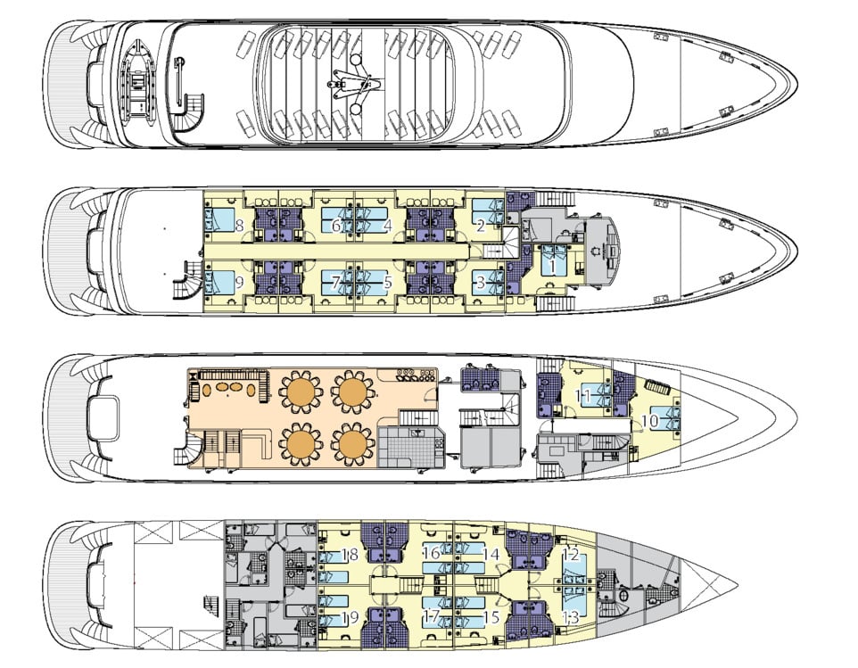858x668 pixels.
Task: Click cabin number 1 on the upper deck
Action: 553,265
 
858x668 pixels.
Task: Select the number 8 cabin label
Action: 240,226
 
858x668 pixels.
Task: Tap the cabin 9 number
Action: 240,284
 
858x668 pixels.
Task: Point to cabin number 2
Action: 481,226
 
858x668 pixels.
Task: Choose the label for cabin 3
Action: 481,284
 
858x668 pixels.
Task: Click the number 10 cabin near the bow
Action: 650,419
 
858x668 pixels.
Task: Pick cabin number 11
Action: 584,395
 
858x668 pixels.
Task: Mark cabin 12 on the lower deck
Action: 571,554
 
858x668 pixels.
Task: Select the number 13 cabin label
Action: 571,614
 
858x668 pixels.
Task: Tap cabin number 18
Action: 351,554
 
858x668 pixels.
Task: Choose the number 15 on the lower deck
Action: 491,614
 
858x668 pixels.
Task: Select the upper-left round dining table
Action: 299,390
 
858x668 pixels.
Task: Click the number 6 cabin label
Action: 336,226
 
